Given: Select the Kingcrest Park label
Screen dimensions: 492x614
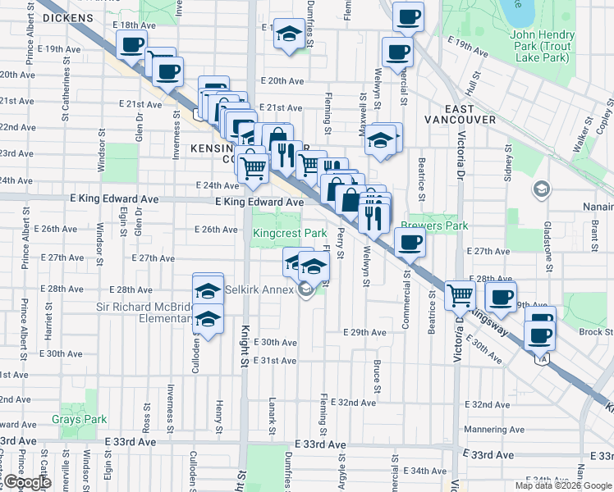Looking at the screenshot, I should coord(290,234).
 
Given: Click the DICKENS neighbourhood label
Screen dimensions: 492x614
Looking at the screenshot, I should coord(67,16).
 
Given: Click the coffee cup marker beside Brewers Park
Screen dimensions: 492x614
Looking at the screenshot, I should coord(410,242).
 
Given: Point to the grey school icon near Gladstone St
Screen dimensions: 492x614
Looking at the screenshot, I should coord(542,190).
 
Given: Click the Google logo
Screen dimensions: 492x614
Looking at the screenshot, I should coord(27,482).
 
